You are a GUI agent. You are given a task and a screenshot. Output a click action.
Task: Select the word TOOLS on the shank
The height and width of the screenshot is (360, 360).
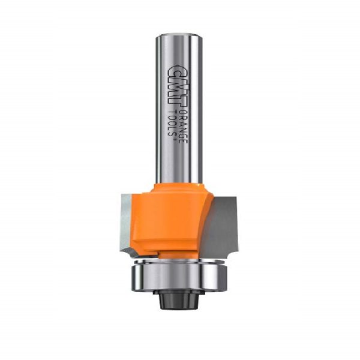(x=172, y=123)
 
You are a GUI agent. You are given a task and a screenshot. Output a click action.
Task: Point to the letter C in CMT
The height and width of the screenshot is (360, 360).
(x=177, y=71)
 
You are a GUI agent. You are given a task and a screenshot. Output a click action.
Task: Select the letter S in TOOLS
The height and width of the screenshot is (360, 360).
(x=172, y=134)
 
